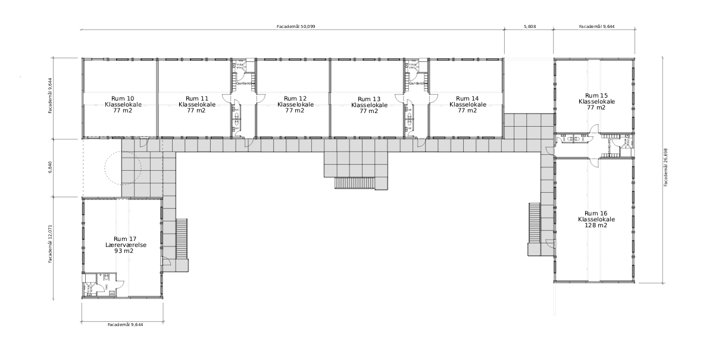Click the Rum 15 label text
(596, 95)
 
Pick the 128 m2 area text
(596, 226)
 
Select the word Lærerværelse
(123, 245)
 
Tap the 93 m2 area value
(123, 251)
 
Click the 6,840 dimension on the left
(51, 167)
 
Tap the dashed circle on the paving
(123, 168)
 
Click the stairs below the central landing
(355, 183)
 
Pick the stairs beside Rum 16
(534, 224)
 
